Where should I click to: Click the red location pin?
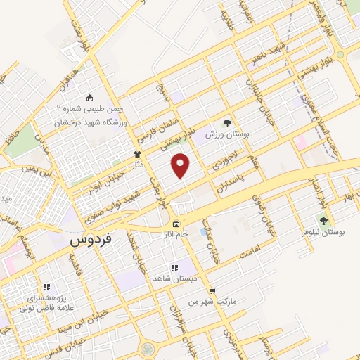pyautogui.click(x=181, y=165)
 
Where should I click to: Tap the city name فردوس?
pyautogui.click(x=92, y=239)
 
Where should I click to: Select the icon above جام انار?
pyautogui.click(x=175, y=224)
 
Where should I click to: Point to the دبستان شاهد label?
pyautogui.click(x=174, y=278)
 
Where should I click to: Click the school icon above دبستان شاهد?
pyautogui.click(x=174, y=268)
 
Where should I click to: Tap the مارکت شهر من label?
pyautogui.click(x=211, y=302)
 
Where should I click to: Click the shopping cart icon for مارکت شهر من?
pyautogui.click(x=212, y=291)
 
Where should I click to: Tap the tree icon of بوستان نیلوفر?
pyautogui.click(x=323, y=221)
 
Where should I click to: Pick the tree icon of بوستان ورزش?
pyautogui.click(x=226, y=122)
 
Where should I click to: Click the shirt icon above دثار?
pyautogui.click(x=137, y=154)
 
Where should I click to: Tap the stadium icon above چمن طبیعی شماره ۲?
pyautogui.click(x=89, y=98)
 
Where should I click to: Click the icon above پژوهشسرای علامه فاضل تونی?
pyautogui.click(x=46, y=287)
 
